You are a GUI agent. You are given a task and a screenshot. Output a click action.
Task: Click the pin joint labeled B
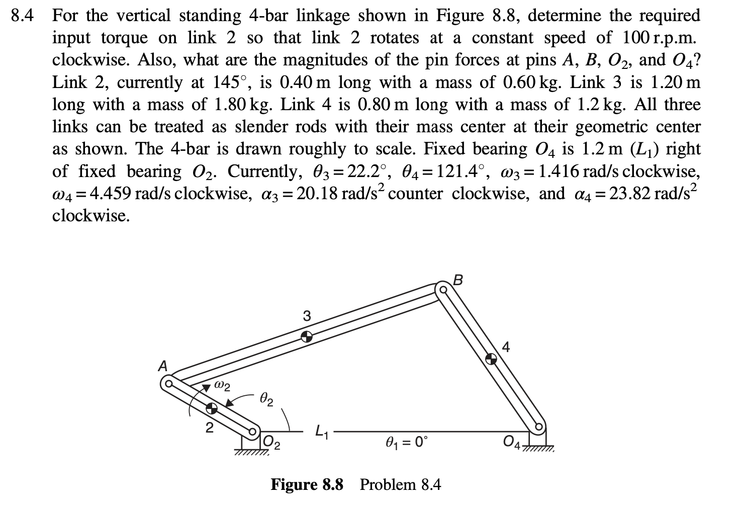443,290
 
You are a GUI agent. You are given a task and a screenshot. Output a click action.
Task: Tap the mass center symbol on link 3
306,336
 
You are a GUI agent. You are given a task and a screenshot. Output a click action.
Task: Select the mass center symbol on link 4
491,358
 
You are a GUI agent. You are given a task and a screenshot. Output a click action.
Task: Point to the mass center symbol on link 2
212,407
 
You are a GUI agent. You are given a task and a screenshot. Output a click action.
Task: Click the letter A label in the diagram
162,366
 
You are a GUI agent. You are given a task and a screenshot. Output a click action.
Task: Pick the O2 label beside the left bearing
272,443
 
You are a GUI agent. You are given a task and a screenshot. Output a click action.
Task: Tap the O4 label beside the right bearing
512,442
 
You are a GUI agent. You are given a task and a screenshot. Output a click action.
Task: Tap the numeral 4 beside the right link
505,347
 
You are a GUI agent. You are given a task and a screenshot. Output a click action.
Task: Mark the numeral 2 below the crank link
210,429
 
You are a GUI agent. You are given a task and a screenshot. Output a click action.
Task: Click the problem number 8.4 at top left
23,16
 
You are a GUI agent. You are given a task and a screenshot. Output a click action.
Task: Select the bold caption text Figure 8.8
307,485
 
